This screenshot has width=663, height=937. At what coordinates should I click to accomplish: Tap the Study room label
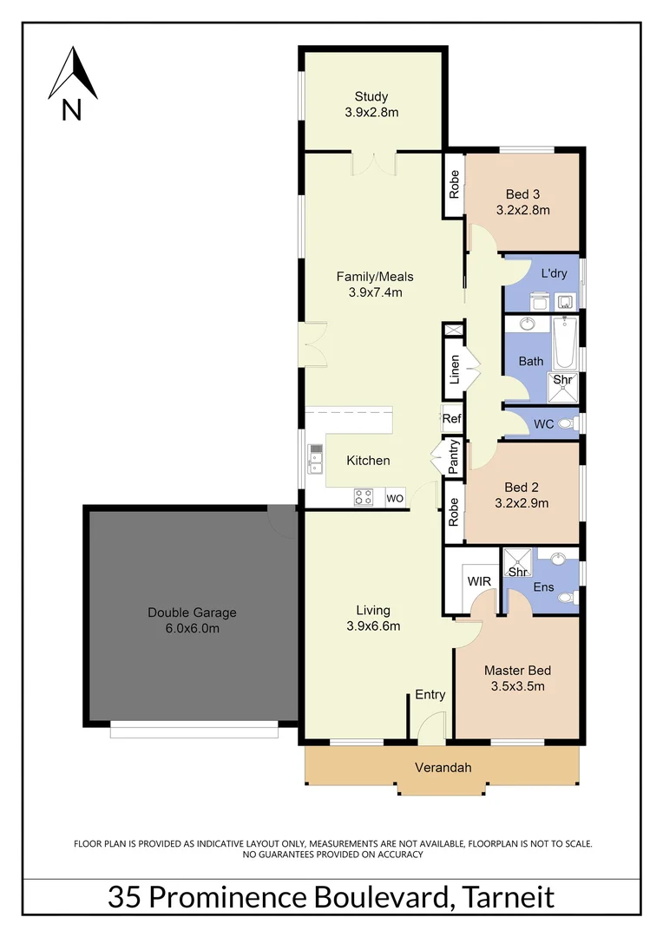pos(371,96)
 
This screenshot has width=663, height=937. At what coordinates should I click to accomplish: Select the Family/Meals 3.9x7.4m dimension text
pos(375,292)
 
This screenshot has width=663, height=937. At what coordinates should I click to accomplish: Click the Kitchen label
pos(368,460)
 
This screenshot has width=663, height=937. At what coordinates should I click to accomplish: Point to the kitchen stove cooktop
pos(364,497)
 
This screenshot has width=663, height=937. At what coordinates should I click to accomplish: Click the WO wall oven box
pos(395,498)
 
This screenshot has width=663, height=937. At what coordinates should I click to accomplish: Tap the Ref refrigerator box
pos(451,419)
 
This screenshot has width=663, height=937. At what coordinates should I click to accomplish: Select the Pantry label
pos(453,456)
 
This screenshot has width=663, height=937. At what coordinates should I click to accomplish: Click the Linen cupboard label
pos(454,370)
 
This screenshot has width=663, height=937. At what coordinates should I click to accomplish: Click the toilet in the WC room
pos(567,423)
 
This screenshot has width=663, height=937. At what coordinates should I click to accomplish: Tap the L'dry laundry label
pos(554,273)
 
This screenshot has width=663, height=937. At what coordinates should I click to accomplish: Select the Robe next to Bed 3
pos(453,184)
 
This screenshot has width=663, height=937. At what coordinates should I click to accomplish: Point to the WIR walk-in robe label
pos(479,580)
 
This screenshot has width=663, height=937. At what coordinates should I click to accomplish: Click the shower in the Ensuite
pos(517,565)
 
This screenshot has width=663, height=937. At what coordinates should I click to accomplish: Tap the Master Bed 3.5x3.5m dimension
pos(517,687)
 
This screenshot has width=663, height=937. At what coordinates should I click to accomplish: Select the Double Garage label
pos(191,613)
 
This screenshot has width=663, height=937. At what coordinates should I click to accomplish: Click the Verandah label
pos(442,768)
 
